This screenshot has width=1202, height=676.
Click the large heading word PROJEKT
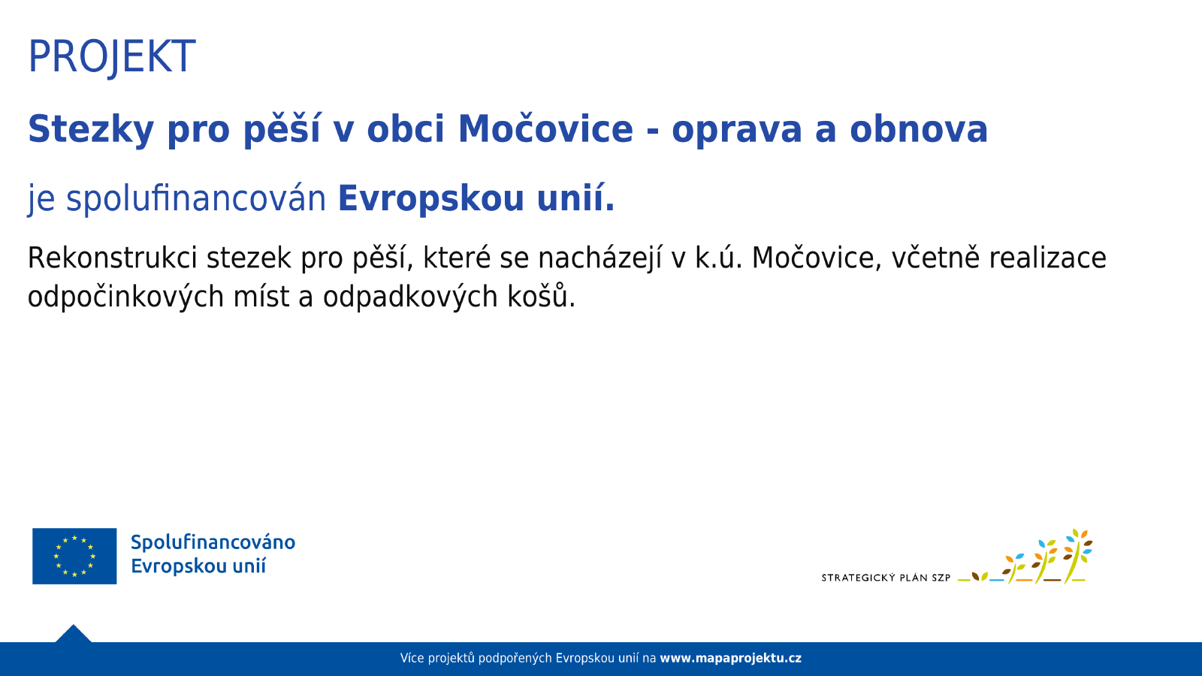click(112, 57)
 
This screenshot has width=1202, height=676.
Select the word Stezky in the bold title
click(91, 130)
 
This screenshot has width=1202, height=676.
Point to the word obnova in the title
click(919, 129)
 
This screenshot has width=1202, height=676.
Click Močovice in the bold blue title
click(545, 128)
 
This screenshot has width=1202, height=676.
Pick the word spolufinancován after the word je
click(196, 198)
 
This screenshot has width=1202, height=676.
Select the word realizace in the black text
click(1047, 258)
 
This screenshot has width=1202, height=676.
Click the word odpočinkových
click(125, 297)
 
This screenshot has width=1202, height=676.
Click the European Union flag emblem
click(74, 556)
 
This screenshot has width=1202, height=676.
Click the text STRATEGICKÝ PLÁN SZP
click(886, 578)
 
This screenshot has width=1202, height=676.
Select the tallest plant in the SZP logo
click(1078, 556)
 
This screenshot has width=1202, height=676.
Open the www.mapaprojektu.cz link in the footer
click(730, 658)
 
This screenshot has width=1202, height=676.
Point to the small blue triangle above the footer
click(74, 634)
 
